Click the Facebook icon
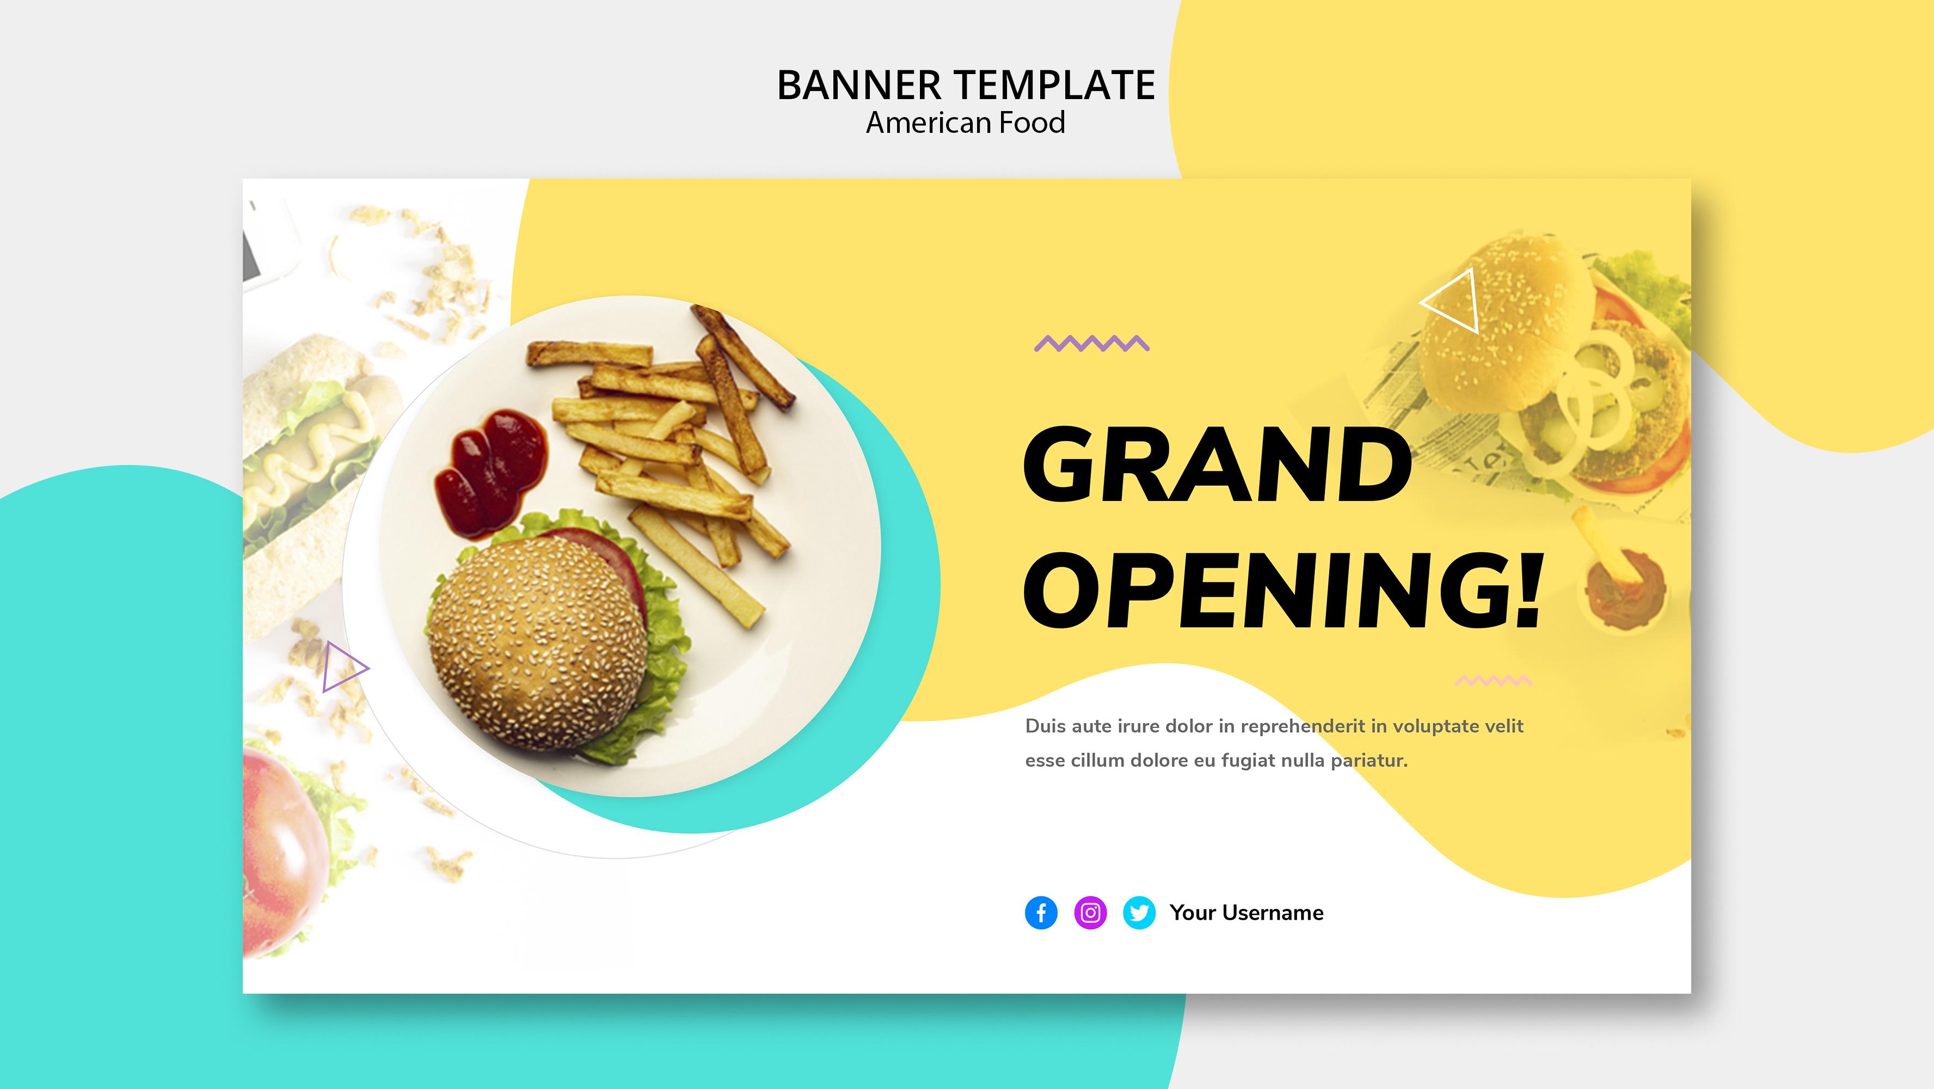(1041, 913)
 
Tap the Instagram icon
(1090, 913)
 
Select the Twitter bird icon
(1139, 913)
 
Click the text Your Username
(1247, 913)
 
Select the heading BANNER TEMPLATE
(966, 85)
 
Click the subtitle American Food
(966, 123)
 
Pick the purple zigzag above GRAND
(1091, 344)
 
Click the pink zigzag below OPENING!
(1493, 681)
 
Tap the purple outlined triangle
(342, 667)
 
